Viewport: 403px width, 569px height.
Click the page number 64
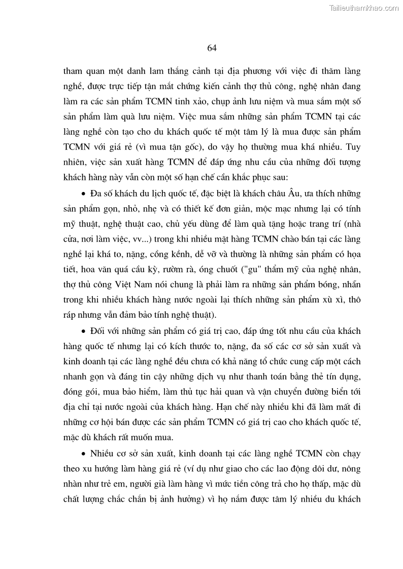212,48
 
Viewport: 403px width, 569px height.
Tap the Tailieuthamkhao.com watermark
364,8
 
